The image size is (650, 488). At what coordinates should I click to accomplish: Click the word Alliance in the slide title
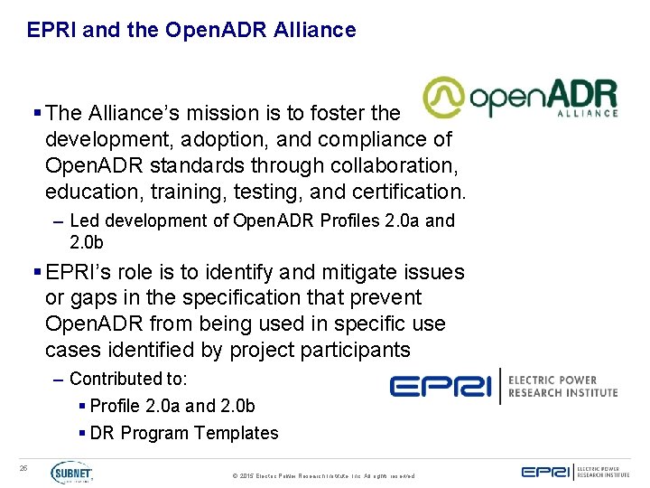pos(320,30)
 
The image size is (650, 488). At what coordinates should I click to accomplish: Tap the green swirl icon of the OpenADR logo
pos(445,98)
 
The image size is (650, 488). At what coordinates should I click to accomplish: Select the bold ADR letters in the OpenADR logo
pos(583,95)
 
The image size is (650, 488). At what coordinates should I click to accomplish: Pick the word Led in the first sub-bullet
pos(82,221)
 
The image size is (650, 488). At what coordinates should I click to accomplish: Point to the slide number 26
pos(24,467)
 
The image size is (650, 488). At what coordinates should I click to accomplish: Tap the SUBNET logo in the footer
pos(71,473)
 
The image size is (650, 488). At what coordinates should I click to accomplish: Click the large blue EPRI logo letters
pos(441,386)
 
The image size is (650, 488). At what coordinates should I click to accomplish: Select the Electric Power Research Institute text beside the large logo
pos(563,386)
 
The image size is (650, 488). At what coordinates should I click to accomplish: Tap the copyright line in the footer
pos(323,475)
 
